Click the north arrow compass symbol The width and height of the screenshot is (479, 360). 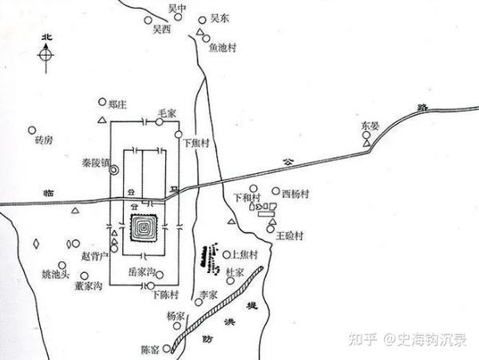pos(47,54)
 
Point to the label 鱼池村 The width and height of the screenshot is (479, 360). pos(223,47)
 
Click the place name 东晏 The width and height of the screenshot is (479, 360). pos(368,125)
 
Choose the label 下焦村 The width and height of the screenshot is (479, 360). pos(196,144)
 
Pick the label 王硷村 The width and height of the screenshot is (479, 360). pos(291,235)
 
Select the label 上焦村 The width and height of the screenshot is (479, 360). pos(243,255)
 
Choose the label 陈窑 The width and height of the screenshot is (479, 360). pos(150,349)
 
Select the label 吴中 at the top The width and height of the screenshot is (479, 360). pos(176,7)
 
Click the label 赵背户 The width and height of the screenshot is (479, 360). pos(96,257)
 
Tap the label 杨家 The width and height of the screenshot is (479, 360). pos(177,315)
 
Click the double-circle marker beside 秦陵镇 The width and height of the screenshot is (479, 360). pos(115,170)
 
